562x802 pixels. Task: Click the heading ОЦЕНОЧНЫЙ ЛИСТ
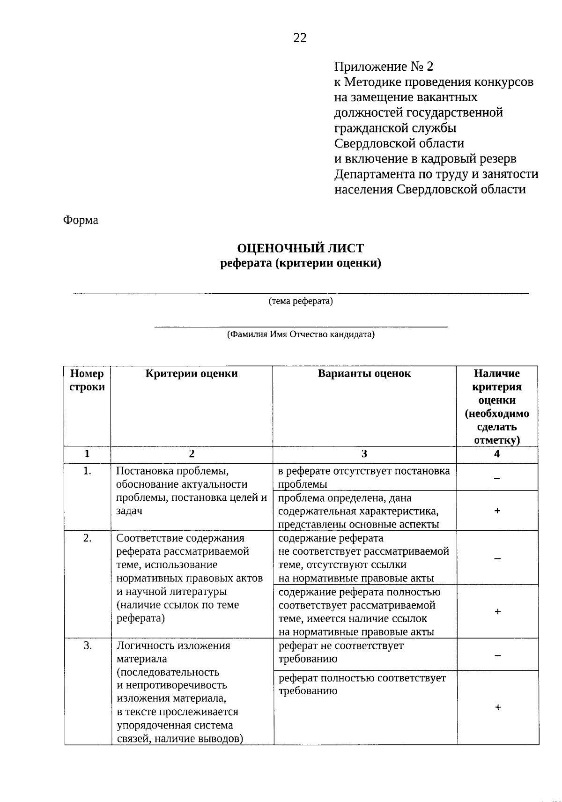pyautogui.click(x=300, y=248)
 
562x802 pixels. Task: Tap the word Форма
pyautogui.click(x=81, y=220)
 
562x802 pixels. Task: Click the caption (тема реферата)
pyautogui.click(x=300, y=301)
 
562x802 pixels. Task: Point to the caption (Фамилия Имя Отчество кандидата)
pyautogui.click(x=300, y=334)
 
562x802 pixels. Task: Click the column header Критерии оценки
pyautogui.click(x=191, y=374)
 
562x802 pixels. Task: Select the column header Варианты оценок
pyautogui.click(x=364, y=374)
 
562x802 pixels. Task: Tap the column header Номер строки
pyautogui.click(x=87, y=380)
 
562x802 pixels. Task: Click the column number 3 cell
pyautogui.click(x=364, y=454)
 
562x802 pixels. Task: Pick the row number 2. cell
pyautogui.click(x=87, y=538)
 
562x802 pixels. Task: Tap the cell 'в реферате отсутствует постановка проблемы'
pyautogui.click(x=364, y=477)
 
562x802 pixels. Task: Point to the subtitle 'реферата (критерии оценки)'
pyautogui.click(x=300, y=264)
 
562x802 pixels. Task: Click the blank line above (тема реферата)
pyautogui.click(x=300, y=293)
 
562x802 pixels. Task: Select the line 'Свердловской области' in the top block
pyautogui.click(x=399, y=143)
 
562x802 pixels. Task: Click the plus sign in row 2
pyautogui.click(x=497, y=611)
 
